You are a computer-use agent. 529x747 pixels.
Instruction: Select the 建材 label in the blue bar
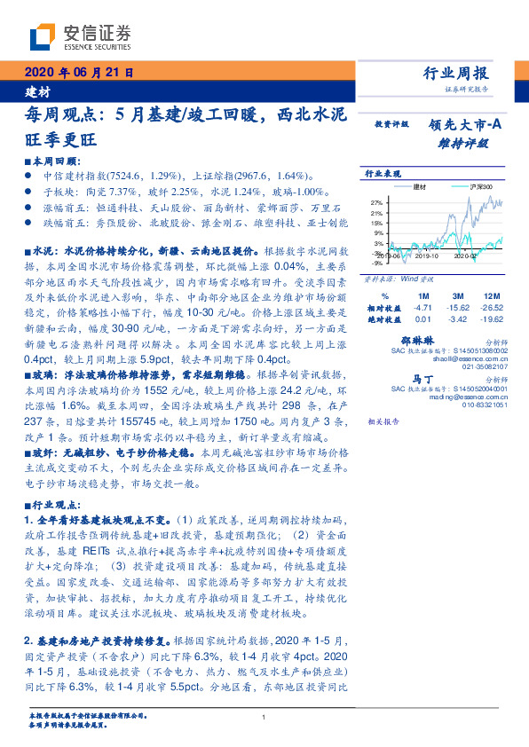point(36,91)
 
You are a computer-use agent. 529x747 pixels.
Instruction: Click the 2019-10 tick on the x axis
point(427,256)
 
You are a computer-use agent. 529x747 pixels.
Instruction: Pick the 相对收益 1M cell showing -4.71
point(422,307)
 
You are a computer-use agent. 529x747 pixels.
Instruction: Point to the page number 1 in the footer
point(264,719)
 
